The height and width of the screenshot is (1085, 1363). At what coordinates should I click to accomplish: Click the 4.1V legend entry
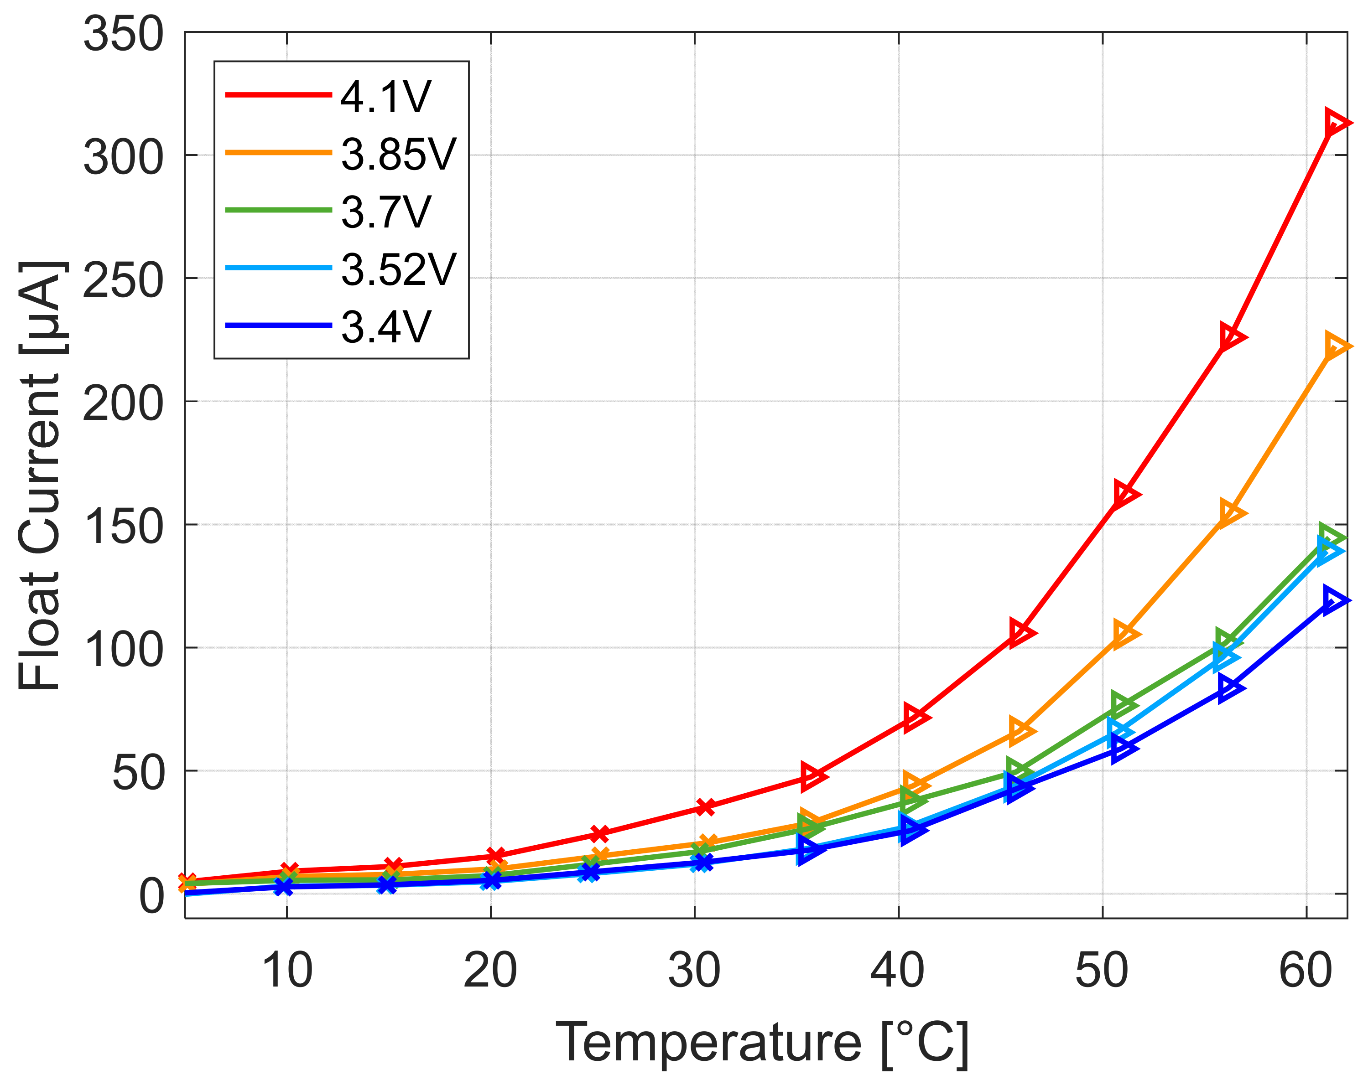[x=385, y=97]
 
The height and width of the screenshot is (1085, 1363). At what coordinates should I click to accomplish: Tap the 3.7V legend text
[x=385, y=212]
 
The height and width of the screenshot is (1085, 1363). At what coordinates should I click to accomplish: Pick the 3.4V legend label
[x=385, y=327]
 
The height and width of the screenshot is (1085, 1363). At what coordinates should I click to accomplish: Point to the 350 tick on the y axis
[x=123, y=34]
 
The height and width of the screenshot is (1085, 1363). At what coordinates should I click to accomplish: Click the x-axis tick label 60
[x=1306, y=971]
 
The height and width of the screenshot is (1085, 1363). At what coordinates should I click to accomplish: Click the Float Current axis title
[x=39, y=474]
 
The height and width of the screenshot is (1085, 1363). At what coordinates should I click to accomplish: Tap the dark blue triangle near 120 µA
[x=1334, y=599]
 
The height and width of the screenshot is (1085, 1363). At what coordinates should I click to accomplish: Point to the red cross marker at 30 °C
[x=706, y=807]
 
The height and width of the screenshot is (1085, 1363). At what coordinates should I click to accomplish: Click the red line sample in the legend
[x=278, y=95]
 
